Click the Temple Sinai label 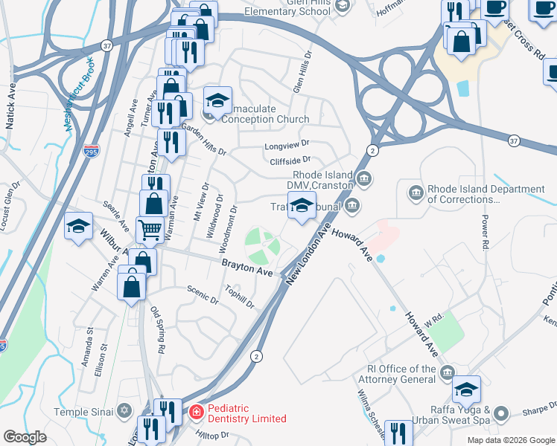click(x=82, y=411)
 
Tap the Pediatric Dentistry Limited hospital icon click(x=196, y=410)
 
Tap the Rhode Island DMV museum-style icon click(x=364, y=178)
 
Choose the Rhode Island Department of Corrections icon click(x=415, y=193)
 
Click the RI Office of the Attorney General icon click(x=447, y=372)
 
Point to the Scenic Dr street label click(x=203, y=295)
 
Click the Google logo click(x=25, y=437)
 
